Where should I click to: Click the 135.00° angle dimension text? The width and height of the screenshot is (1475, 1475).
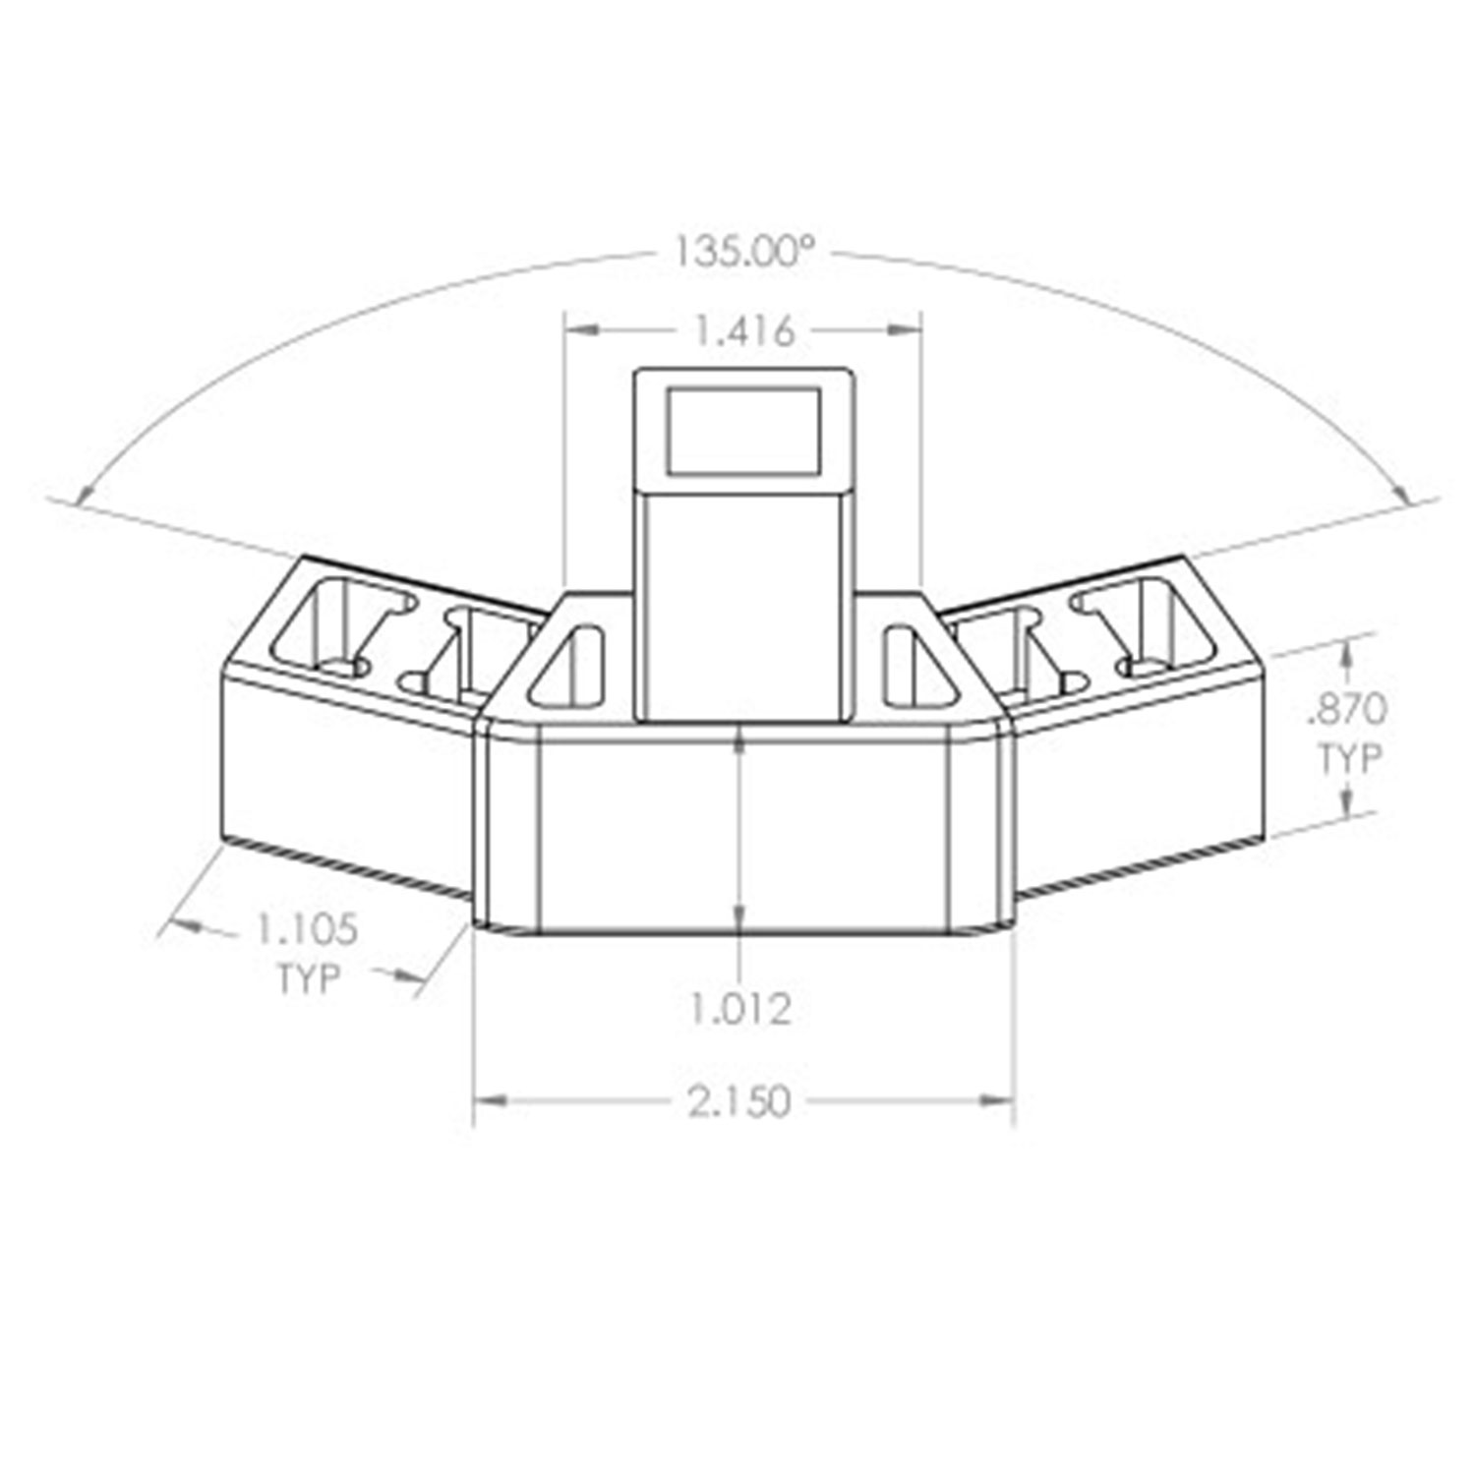(744, 253)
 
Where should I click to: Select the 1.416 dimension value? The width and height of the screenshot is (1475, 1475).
(744, 331)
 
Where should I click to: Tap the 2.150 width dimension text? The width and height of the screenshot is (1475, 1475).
(739, 1102)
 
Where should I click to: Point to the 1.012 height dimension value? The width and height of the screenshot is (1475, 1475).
(739, 1009)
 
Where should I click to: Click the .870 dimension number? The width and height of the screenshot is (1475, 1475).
(1345, 707)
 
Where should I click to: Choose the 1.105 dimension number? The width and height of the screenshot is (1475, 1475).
(307, 928)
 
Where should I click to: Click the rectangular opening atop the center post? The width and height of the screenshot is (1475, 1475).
(744, 428)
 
